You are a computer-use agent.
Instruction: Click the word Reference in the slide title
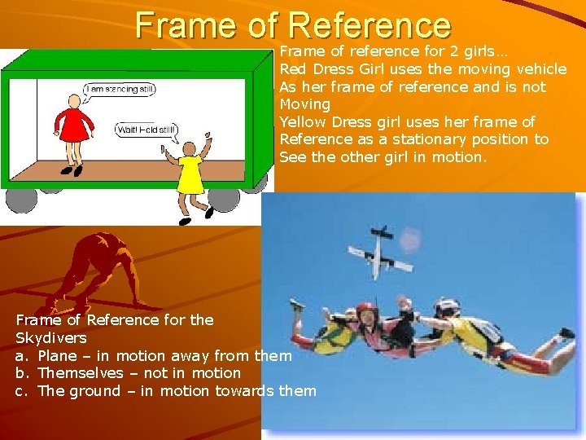click(369, 24)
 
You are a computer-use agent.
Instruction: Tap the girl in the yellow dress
click(190, 171)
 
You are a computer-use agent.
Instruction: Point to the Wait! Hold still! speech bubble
click(146, 130)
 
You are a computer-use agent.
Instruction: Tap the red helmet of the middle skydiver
click(365, 310)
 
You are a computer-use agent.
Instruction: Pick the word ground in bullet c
click(93, 391)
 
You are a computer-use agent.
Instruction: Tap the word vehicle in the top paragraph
click(539, 69)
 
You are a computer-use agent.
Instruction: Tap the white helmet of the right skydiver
click(448, 308)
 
